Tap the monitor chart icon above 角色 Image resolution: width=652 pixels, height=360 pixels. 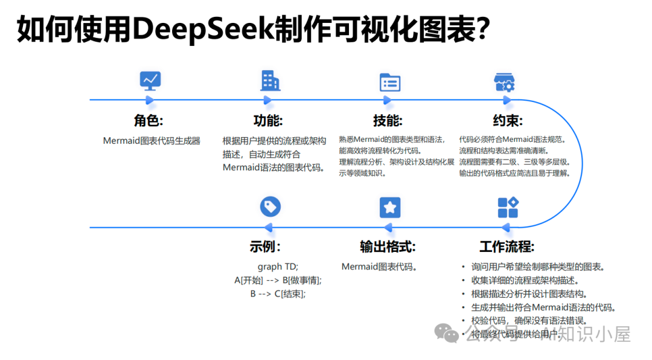tap(150, 80)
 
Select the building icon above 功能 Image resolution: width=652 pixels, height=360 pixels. tap(270, 80)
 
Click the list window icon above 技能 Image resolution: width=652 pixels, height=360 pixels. tap(390, 82)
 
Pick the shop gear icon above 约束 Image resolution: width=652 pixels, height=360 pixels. tap(505, 82)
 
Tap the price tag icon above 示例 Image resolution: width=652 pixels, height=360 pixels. tap(270, 207)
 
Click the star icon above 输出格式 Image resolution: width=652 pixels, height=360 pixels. tap(390, 207)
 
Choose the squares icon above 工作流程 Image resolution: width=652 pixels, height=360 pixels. tap(508, 207)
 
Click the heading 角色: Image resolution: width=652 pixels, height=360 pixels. tap(149, 120)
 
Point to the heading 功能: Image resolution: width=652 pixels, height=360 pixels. tap(268, 120)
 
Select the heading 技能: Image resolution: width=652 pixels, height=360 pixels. tap(388, 120)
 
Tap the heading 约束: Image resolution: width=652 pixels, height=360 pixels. tap(508, 120)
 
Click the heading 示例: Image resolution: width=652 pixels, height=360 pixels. tap(265, 246)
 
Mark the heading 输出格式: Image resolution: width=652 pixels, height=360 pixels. tap(388, 246)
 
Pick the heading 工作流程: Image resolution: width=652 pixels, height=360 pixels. tap(507, 246)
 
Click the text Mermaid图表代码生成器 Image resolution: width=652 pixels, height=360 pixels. tap(151, 141)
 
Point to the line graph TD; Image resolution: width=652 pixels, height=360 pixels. tap(278, 266)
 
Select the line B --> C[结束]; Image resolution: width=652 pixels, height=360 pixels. tap(278, 294)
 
